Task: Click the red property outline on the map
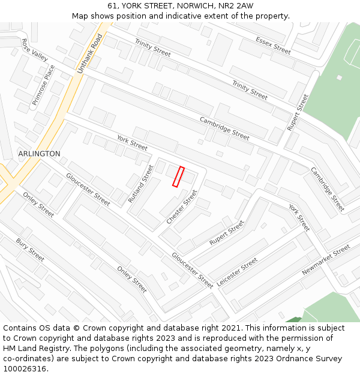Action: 178,177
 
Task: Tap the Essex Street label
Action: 273,46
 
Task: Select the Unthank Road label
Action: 90,54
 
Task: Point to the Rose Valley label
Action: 34,50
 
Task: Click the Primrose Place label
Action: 43,85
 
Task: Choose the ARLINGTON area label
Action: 39,154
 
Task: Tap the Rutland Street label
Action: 141,184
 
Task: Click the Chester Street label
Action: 182,208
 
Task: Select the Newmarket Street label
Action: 326,260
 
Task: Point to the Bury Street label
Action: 30,250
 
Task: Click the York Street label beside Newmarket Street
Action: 299,217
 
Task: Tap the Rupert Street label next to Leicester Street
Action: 227,233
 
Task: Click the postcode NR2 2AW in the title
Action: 236,6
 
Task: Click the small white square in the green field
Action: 339,77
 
